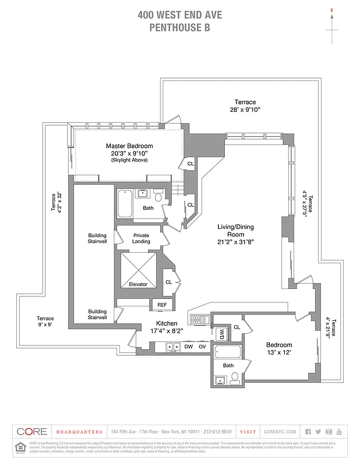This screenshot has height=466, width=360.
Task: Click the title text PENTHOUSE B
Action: pos(179,26)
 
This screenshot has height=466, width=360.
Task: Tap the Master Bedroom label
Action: pos(129,146)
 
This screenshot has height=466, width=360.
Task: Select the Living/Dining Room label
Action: pos(236,227)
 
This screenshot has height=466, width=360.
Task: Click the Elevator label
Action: pos(138,284)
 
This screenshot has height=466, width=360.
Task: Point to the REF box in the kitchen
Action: pos(161,304)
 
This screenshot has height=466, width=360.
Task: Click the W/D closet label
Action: pos(221,334)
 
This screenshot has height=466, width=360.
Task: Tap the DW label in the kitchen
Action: pos(188,347)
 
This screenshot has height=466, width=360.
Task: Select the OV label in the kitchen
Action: pos(203,347)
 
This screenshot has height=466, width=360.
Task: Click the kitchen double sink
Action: pos(173,347)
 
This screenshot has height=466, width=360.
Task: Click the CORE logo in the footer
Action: pos(31,432)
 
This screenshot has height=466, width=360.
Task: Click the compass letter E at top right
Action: pos(331,10)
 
